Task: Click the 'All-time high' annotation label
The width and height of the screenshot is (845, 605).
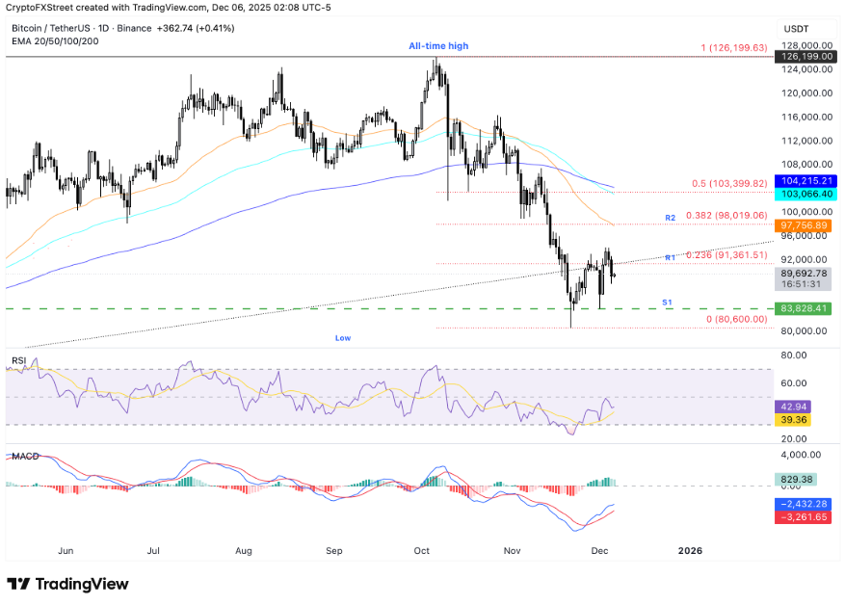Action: pos(438,46)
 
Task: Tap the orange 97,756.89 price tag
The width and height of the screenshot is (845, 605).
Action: pos(805,225)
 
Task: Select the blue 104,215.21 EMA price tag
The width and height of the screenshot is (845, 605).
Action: pos(805,180)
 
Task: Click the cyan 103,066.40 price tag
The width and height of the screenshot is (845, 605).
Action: pos(805,194)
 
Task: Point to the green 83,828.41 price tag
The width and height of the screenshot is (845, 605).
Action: pos(805,308)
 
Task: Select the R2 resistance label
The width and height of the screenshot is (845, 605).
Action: pos(670,219)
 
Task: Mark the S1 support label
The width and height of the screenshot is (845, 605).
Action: pos(666,302)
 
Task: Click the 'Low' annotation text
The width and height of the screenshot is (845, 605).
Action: pos(343,338)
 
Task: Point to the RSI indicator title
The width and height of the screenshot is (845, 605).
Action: pos(18,360)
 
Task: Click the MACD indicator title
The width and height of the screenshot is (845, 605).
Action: pos(24,455)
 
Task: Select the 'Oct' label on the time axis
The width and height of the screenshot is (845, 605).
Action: pos(422,551)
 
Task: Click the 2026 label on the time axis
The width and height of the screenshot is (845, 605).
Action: pos(690,551)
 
